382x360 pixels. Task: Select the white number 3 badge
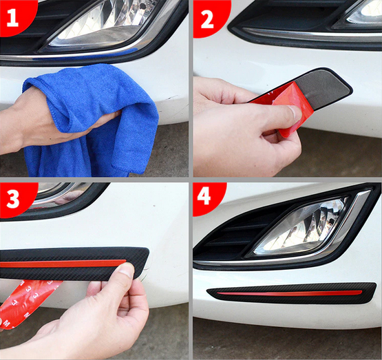click(x=13, y=199)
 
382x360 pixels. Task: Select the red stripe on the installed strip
click(x=289, y=293)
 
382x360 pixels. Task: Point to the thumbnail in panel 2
click(x=295, y=113)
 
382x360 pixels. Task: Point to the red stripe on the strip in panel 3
click(x=63, y=264)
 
